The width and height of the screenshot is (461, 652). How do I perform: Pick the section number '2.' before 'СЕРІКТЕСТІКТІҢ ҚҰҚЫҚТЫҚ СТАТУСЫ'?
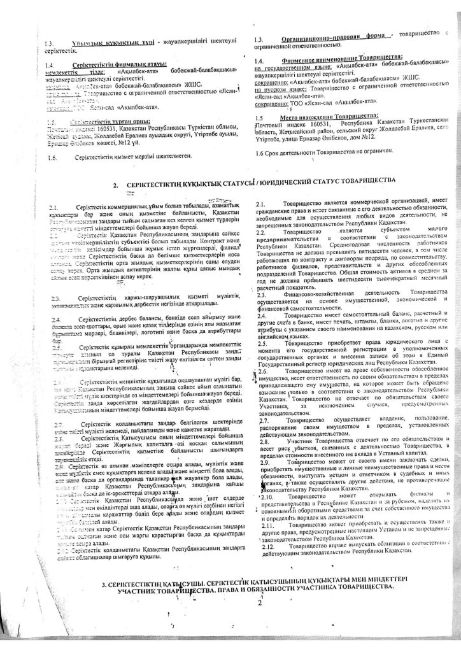(116, 184)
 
